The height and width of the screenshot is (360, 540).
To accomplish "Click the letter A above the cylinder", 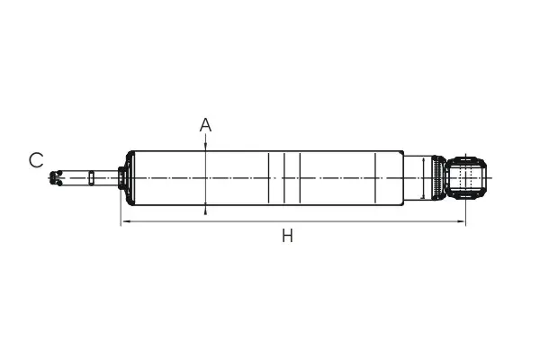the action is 205,125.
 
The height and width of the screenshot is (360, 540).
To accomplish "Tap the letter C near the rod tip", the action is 36,160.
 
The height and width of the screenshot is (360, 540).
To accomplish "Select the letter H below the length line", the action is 288,236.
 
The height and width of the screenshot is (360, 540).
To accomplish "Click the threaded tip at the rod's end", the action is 56,178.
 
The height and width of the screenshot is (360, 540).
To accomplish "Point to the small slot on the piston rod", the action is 91,178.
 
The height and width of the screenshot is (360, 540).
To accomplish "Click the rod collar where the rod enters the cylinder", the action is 121,178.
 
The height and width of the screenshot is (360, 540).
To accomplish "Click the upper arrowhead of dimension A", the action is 205,147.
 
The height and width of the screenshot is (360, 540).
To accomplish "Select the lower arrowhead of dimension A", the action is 205,210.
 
